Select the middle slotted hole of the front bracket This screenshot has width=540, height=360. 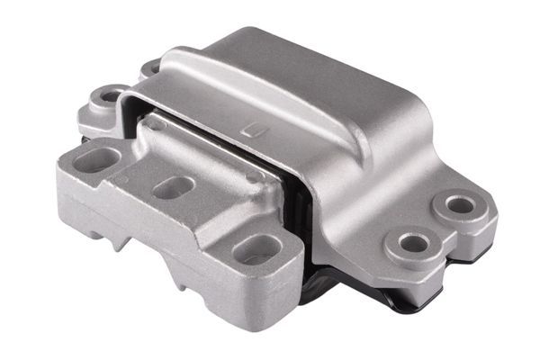170,189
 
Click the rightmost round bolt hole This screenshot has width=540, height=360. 460,205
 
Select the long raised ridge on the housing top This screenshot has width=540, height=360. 297,90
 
